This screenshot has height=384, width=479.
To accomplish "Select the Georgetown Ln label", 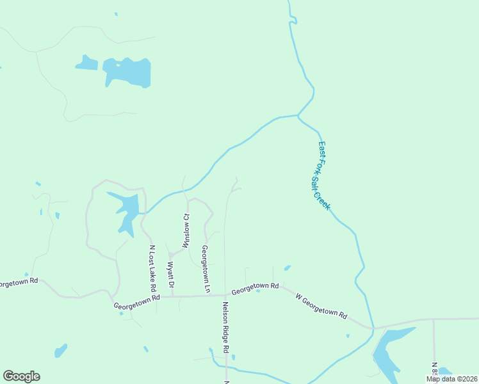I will point(206,269).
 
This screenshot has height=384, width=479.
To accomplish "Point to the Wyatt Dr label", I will point(171,274).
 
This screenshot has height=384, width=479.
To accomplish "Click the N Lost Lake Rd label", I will point(152,264).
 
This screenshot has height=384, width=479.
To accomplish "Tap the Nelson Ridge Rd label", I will point(225,328).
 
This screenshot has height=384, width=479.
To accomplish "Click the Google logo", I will point(21,376).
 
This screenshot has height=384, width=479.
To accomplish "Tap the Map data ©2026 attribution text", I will point(451,379).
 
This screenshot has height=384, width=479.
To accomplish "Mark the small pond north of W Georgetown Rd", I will point(288,268).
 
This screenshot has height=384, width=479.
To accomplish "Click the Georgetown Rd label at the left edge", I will point(18,282).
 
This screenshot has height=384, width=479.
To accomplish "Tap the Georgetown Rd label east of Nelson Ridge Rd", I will point(255,288).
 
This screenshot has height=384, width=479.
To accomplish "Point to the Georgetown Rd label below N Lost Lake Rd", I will point(136,301).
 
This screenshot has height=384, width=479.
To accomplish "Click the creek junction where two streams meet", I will point(298,116).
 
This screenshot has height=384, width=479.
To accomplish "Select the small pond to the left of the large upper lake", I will point(86,63).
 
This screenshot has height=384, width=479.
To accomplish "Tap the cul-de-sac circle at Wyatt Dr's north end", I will point(171,255).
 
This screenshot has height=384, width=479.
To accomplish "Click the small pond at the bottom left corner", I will point(60,351).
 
